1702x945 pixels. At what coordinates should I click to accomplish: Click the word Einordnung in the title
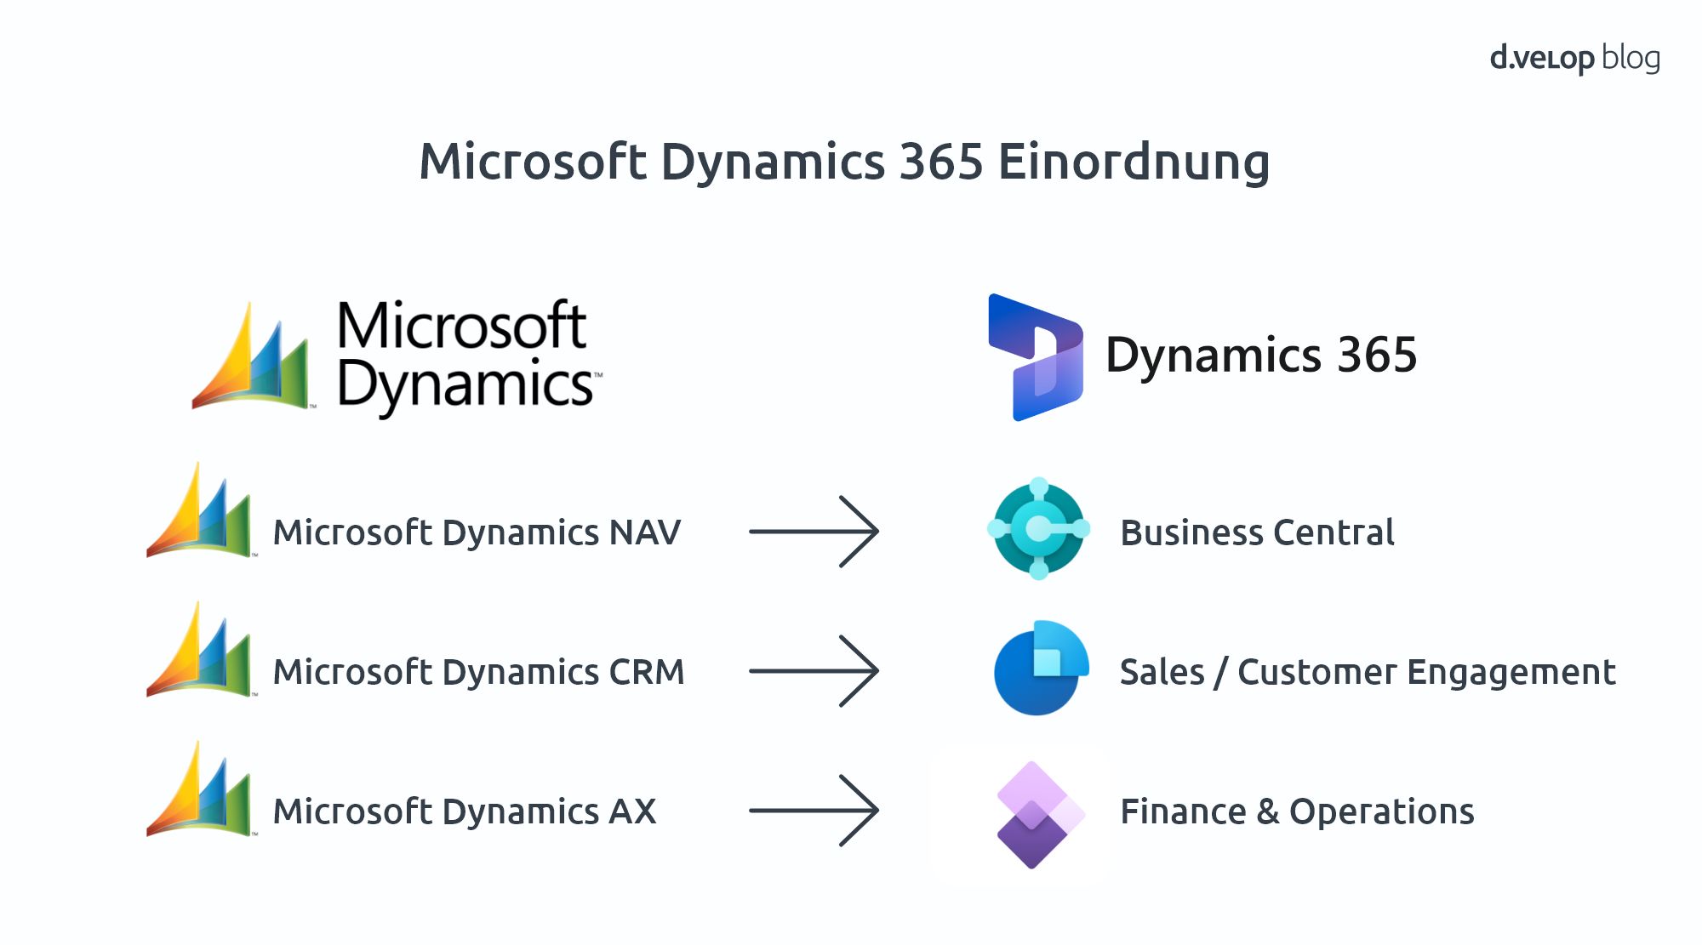tap(1134, 162)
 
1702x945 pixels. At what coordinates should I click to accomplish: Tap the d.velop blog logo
tap(1574, 58)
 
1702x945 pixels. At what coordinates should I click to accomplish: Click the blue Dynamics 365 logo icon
tap(1035, 357)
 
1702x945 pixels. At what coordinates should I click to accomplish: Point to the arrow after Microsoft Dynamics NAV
tap(814, 532)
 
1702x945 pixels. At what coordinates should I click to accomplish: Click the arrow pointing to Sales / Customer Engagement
tap(814, 671)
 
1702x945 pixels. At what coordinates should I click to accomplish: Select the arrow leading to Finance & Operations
tap(814, 811)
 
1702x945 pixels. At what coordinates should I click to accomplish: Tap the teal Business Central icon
tap(1038, 529)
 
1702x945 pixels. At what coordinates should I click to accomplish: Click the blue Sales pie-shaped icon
tap(1039, 669)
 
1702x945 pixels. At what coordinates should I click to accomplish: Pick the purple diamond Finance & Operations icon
tap(1038, 814)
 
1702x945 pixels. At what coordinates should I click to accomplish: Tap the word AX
tap(632, 811)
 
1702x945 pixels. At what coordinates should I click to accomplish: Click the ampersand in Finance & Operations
tap(1267, 811)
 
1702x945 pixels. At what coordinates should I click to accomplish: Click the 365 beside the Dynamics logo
tap(1376, 355)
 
